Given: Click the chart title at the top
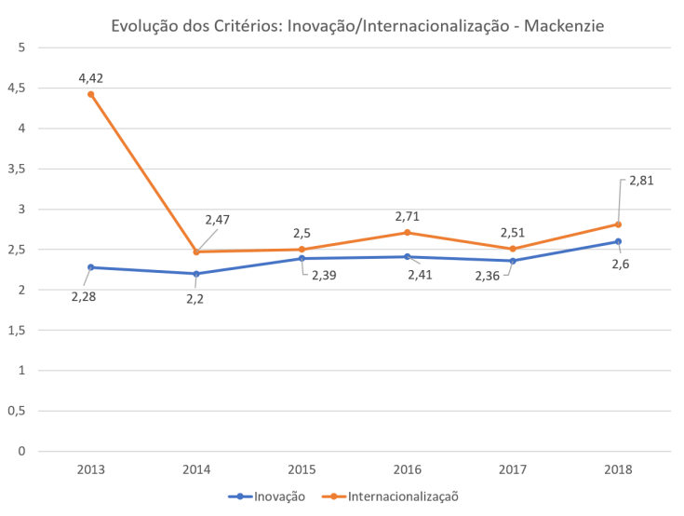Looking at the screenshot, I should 356,26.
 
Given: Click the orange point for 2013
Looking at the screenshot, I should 90,94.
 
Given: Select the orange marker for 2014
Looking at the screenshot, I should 196,251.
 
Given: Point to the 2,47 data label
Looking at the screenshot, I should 217,220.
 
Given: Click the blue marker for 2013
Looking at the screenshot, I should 90,267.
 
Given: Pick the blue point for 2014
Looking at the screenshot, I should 196,274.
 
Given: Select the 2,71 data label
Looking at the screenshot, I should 408,215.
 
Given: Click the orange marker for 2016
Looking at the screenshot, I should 408,232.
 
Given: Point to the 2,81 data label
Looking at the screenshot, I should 641,181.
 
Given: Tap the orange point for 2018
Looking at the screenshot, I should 618,224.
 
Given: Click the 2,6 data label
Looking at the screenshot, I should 621,264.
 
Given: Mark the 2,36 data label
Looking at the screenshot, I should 488,276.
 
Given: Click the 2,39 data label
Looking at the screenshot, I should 325,277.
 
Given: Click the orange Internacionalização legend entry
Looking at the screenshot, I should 391,496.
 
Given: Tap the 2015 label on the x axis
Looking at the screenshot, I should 302,470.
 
